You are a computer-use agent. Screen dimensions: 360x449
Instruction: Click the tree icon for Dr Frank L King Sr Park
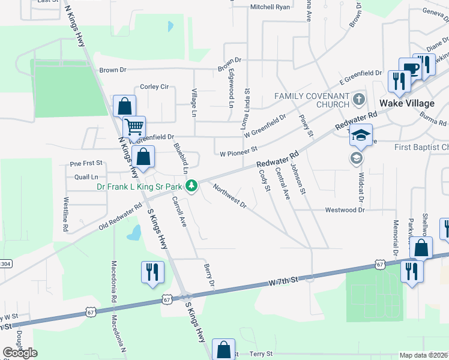coord(191,186)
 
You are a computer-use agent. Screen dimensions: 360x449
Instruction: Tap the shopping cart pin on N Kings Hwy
coord(134,127)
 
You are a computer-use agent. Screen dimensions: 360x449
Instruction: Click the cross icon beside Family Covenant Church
coord(359,98)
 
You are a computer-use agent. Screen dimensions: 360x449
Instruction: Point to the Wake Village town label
coord(406,103)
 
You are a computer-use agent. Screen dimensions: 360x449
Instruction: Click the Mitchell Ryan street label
coord(270,7)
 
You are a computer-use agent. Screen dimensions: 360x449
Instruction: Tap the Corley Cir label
coord(154,87)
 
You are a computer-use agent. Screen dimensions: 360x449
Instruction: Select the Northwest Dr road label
coord(230,197)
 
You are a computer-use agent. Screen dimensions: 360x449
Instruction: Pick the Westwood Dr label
coord(345,210)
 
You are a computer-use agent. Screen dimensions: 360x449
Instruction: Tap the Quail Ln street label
coord(86,177)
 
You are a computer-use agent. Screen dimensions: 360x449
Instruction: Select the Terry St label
coord(261,354)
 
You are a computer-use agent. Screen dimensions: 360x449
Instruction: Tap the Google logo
coord(20,353)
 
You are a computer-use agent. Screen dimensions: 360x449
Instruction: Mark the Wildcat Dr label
coord(363,185)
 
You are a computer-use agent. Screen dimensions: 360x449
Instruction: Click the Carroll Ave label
coord(178,211)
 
